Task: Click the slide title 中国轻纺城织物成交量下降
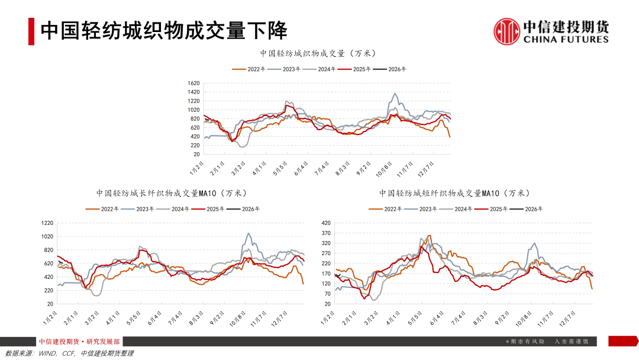[x=164, y=31]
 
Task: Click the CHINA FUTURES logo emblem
[x=507, y=31]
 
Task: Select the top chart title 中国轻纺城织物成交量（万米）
[x=318, y=53]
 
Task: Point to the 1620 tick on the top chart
[x=193, y=83]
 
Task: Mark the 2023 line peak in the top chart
[x=395, y=94]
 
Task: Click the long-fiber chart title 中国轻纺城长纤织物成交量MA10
[x=171, y=193]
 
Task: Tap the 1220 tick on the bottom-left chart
[x=47, y=223]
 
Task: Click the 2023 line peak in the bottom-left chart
[x=248, y=233]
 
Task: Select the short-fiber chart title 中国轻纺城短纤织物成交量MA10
[x=454, y=193]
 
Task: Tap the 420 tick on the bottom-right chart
[x=325, y=223]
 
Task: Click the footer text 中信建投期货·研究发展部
[x=79, y=342]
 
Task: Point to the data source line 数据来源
[x=69, y=353]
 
